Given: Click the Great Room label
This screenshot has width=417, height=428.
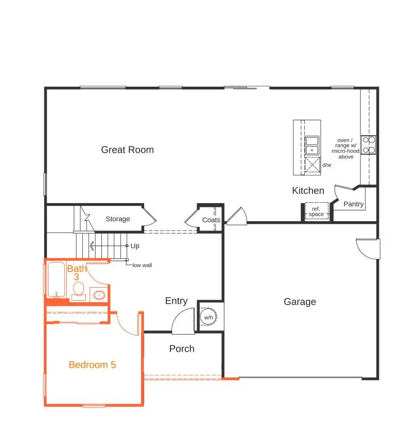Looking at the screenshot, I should click(x=127, y=150).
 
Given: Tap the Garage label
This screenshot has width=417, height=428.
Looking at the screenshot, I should click(x=300, y=302).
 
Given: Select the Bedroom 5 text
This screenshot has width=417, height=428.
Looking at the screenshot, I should click(x=92, y=365).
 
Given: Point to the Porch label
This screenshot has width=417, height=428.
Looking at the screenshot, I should click(x=182, y=349).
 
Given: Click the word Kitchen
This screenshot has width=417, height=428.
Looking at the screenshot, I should click(x=308, y=191).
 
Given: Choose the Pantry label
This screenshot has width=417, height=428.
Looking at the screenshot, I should click(x=353, y=204).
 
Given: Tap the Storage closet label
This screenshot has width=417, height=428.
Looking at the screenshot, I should click(x=118, y=219).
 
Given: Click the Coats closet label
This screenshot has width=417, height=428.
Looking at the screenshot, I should click(x=211, y=220).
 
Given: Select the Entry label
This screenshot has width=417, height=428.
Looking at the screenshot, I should click(x=176, y=301).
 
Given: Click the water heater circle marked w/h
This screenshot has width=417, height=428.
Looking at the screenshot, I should click(x=208, y=317).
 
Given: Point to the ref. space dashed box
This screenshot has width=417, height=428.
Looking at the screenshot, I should click(x=316, y=211).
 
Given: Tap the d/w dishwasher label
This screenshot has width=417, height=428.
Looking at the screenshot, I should click(x=327, y=166).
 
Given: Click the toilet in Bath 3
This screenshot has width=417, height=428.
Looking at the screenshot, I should click(x=98, y=295).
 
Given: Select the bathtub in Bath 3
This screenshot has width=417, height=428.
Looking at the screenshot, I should click(x=56, y=280).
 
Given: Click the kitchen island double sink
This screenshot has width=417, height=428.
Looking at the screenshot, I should click(x=311, y=145).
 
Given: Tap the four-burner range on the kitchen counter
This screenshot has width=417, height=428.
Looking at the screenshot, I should click(x=368, y=145).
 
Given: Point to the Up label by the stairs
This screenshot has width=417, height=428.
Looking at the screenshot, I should click(x=135, y=246).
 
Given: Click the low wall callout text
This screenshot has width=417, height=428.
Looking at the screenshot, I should click(x=142, y=266).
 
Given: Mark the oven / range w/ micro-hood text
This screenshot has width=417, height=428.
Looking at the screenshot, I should click(x=345, y=149).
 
